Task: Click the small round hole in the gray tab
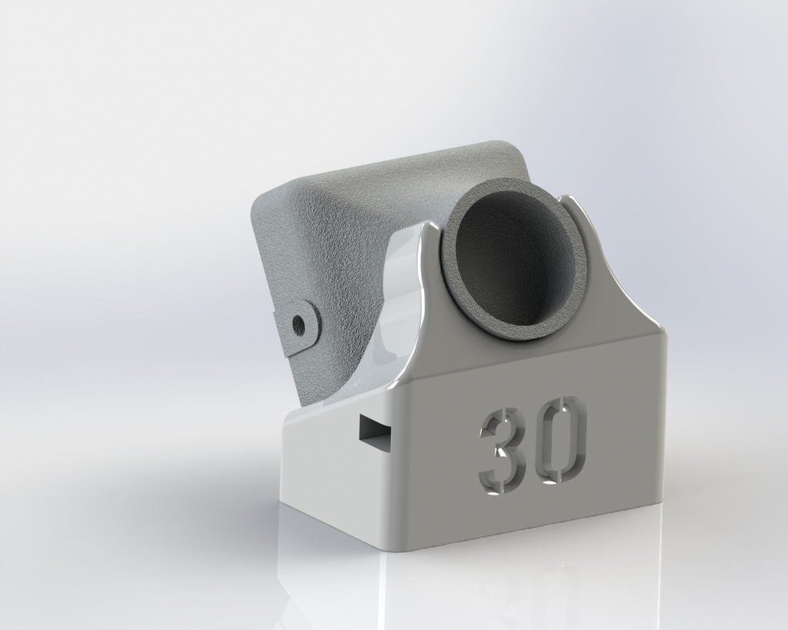[x=299, y=325]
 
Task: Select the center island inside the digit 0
[x=561, y=440]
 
